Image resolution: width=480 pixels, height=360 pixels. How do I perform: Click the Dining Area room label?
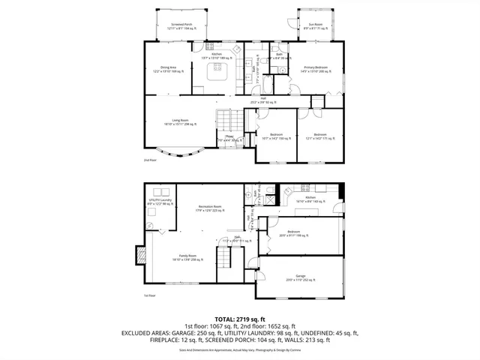168,70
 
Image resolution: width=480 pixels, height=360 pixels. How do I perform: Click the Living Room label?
180,122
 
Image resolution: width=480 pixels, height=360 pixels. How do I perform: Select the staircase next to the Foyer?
226,119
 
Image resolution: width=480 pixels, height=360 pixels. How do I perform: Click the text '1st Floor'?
150,295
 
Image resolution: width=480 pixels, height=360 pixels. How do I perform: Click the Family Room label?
187,257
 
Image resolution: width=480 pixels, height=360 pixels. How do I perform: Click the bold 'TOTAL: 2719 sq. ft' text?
240,319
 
